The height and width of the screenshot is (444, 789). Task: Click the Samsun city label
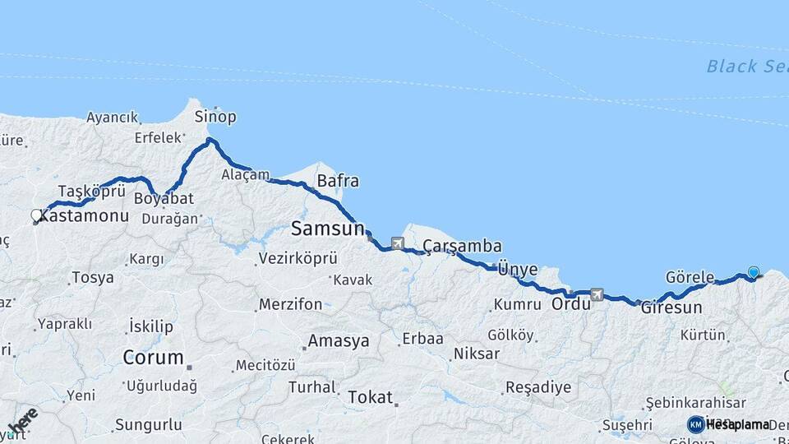(x=328, y=229)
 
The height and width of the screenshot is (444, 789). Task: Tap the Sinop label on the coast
(x=215, y=117)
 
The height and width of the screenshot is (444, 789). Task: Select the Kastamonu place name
(x=85, y=216)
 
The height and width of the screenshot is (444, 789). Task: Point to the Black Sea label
(x=746, y=67)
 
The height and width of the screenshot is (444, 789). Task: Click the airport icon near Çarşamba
(x=398, y=243)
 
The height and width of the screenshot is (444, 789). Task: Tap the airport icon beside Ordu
(x=597, y=294)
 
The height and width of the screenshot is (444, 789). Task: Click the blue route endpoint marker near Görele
(x=753, y=272)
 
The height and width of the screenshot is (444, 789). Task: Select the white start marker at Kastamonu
(x=35, y=216)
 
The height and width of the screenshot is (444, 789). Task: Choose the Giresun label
(x=671, y=308)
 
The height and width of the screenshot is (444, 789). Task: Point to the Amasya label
(x=339, y=341)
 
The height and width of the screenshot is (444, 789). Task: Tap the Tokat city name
(x=370, y=397)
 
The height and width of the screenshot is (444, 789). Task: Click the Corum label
(x=153, y=358)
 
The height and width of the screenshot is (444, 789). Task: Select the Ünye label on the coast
(x=518, y=269)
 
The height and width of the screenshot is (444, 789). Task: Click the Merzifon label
(x=290, y=304)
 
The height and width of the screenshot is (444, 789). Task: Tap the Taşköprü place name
(x=91, y=191)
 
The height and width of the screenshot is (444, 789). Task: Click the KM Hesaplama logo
(x=727, y=424)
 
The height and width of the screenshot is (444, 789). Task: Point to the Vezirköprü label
(x=298, y=258)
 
